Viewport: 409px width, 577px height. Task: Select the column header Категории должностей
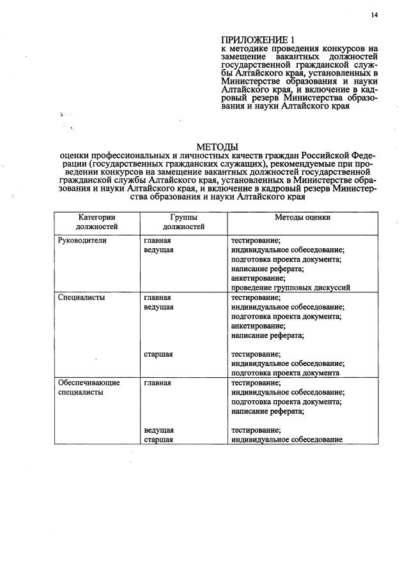coord(96,221)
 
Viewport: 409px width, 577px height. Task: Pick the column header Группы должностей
coord(183,221)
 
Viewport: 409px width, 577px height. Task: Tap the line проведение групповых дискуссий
coord(290,288)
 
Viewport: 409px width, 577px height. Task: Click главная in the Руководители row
coord(157,241)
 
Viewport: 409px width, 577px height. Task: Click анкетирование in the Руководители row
coord(258,278)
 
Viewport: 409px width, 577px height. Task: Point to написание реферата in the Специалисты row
coord(267,335)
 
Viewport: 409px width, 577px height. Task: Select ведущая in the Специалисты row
coord(158,307)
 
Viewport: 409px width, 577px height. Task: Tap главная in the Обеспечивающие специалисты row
coord(157,383)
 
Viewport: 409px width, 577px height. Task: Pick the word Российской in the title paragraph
coord(323,156)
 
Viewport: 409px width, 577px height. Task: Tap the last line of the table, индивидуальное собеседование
coord(287,440)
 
